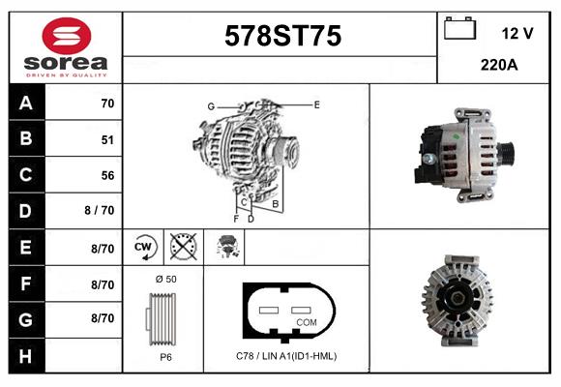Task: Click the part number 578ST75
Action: coord(282,37)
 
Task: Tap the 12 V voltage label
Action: coord(517,33)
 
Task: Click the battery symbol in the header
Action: coord(458,29)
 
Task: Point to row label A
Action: coord(25,104)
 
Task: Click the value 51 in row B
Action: coord(107,139)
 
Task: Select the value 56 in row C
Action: coord(107,176)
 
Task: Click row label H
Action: coord(25,356)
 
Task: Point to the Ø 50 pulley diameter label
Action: coord(164,280)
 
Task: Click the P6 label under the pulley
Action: coord(165,357)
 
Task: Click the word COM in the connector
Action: coord(307,322)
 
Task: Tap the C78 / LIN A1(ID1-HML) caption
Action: coord(286,356)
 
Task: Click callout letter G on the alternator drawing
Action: coord(210,105)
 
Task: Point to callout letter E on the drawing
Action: coord(316,104)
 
